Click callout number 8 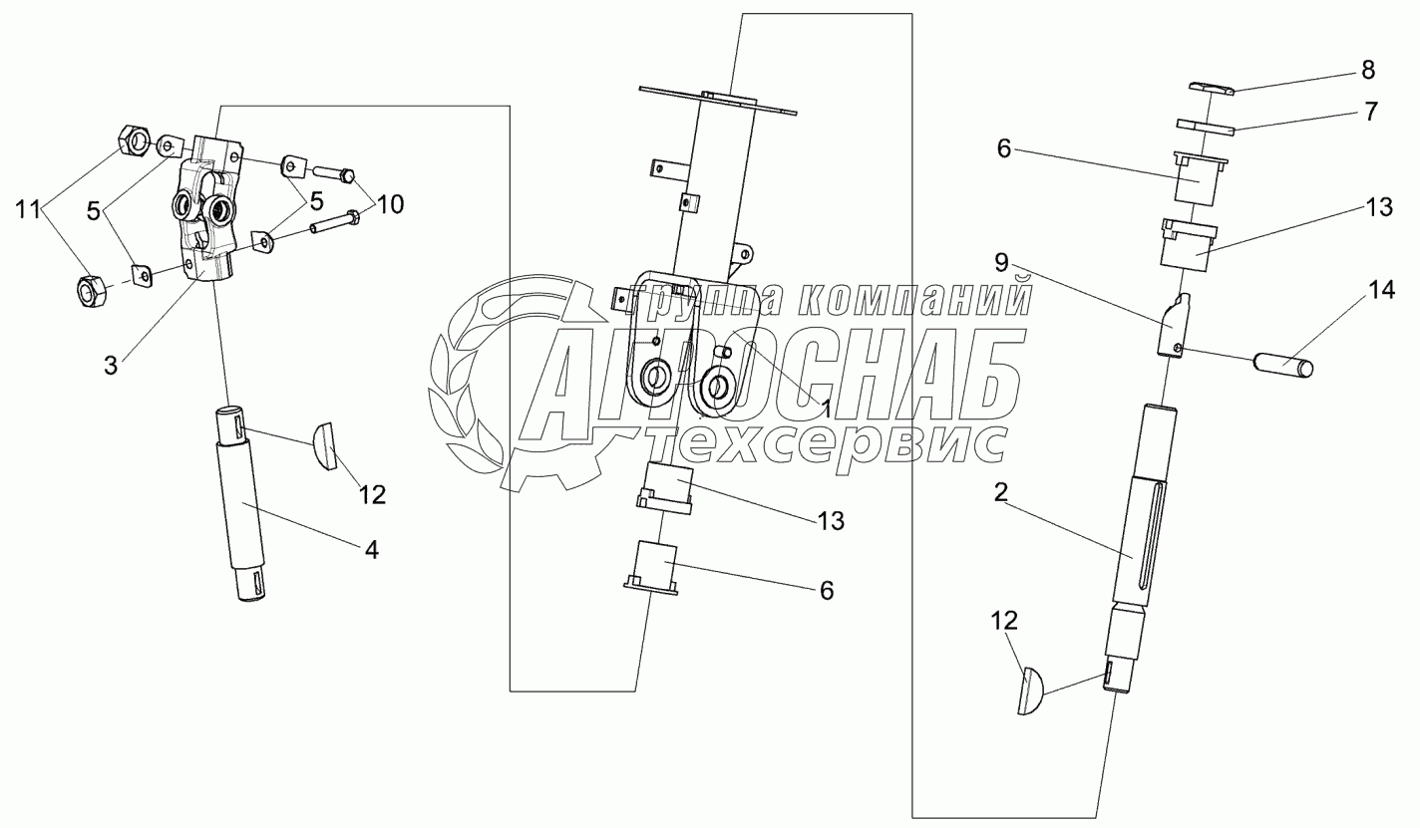[x=1367, y=70]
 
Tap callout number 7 [x=1372, y=112]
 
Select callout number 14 [x=1381, y=291]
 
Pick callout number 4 [x=370, y=548]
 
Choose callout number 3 [x=110, y=366]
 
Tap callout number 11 [x=27, y=210]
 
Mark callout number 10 [x=390, y=205]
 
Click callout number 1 [x=825, y=407]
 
